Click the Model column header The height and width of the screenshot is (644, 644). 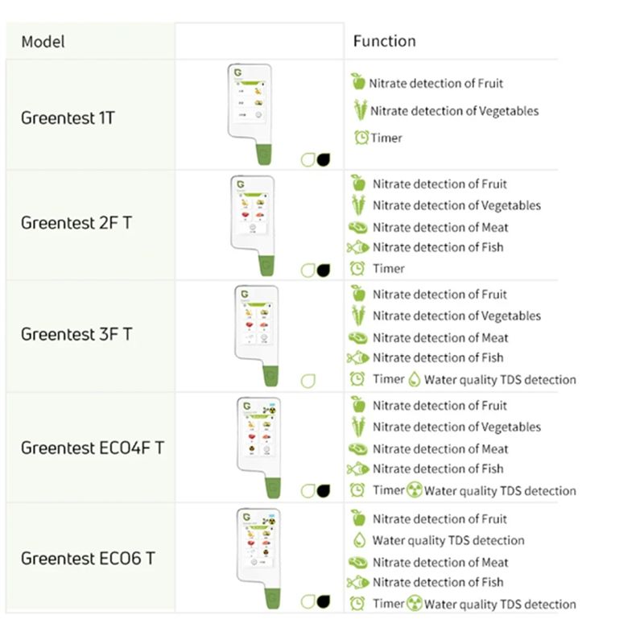tap(43, 42)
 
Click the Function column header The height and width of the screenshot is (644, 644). tap(385, 41)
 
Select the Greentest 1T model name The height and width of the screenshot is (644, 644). tap(68, 118)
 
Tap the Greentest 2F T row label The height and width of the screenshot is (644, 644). tap(76, 223)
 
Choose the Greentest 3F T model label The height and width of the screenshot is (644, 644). tap(76, 334)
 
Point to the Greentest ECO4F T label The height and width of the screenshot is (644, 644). tap(93, 448)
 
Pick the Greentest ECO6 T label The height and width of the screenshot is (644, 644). tap(88, 558)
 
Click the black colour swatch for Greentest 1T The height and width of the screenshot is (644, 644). tap(324, 159)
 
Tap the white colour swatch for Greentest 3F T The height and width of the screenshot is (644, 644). tap(308, 381)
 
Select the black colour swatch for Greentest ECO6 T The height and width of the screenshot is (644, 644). tap(324, 601)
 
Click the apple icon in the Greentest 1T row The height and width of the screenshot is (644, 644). tap(358, 81)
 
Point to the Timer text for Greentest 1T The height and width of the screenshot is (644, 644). tap(386, 138)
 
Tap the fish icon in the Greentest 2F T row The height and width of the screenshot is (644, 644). tap(357, 247)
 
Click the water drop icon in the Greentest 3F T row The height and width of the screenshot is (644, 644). tap(415, 379)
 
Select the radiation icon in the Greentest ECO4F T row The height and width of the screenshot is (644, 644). tap(415, 490)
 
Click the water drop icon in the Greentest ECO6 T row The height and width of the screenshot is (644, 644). tap(359, 540)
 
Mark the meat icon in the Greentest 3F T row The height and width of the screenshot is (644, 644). tap(357, 337)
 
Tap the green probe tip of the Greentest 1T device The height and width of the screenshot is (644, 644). tap(264, 155)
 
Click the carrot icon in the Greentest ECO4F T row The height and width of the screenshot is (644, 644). tap(358, 427)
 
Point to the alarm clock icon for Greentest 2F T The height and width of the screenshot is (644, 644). tap(357, 268)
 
